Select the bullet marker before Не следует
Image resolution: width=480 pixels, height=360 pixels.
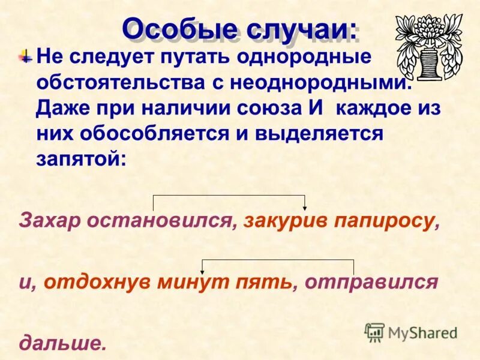25,58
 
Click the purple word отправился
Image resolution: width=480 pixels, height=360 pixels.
371,281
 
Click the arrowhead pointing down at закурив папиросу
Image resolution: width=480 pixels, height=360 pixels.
306,206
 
